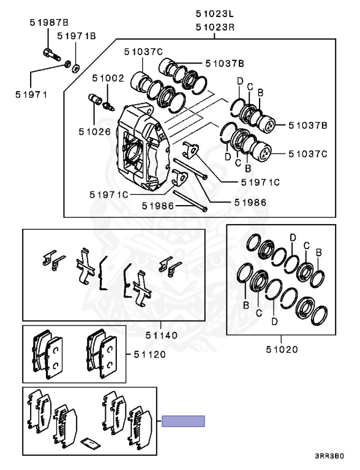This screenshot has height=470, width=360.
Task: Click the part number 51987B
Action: pos(49,23)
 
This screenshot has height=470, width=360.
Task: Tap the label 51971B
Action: pos(77,36)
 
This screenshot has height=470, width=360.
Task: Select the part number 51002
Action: pos(108,78)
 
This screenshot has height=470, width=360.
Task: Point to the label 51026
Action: pos(94,132)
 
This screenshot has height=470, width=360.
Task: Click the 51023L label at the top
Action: pos(215,14)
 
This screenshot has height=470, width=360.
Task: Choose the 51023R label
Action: pos(215,28)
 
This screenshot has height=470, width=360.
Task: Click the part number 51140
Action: pos(162,335)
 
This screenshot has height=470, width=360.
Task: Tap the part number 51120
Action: pos(150,354)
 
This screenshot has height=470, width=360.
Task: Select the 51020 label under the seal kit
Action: pos(282,349)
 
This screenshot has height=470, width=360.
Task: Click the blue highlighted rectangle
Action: pos(183,421)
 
